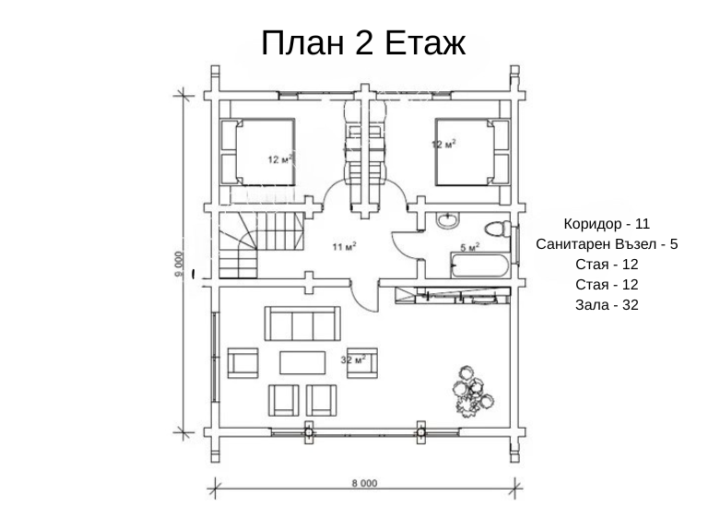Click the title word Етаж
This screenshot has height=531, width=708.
(425, 43)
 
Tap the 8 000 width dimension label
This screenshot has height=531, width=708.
(364, 484)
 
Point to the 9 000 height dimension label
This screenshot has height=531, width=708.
(179, 265)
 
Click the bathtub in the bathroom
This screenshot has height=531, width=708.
(480, 265)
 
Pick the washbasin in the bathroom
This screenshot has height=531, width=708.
(447, 220)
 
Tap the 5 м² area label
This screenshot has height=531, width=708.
(470, 247)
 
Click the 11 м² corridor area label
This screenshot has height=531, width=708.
(344, 246)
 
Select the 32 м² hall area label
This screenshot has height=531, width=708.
(353, 360)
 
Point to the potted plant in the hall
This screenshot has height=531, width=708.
(473, 391)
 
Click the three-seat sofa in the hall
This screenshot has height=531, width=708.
(302, 324)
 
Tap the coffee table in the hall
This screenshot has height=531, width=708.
(302, 362)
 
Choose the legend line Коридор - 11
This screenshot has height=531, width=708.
(607, 223)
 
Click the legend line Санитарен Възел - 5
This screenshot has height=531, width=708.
(607, 243)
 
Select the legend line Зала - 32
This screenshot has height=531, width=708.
(607, 305)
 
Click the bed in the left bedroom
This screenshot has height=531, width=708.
(257, 152)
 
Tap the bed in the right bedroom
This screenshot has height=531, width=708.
(472, 152)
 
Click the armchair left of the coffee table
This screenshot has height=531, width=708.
(243, 362)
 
